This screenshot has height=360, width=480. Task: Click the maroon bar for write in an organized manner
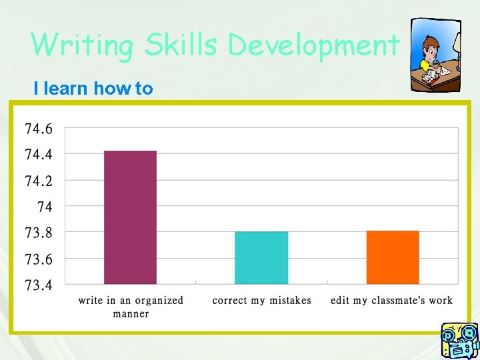(x=130, y=217)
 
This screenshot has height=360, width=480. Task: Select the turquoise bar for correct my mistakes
(x=261, y=257)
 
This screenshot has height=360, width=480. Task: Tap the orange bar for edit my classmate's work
(x=393, y=257)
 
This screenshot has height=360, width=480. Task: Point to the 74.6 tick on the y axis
(x=39, y=128)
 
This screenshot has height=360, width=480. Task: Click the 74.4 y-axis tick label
(x=39, y=154)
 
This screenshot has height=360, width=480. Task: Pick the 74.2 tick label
(x=39, y=181)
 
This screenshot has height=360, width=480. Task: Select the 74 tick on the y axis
(x=44, y=207)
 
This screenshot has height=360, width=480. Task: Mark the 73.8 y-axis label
(x=39, y=233)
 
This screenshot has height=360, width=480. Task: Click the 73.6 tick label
(x=39, y=259)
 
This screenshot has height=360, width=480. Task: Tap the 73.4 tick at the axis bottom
(x=39, y=285)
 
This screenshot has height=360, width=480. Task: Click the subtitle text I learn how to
(x=93, y=88)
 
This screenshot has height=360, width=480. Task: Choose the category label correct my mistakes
(x=261, y=301)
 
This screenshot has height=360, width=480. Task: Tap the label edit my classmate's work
(x=391, y=301)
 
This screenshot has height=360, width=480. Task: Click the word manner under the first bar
(x=131, y=313)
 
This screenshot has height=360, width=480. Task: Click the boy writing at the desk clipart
(x=435, y=55)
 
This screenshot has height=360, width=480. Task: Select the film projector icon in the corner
(x=459, y=340)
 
